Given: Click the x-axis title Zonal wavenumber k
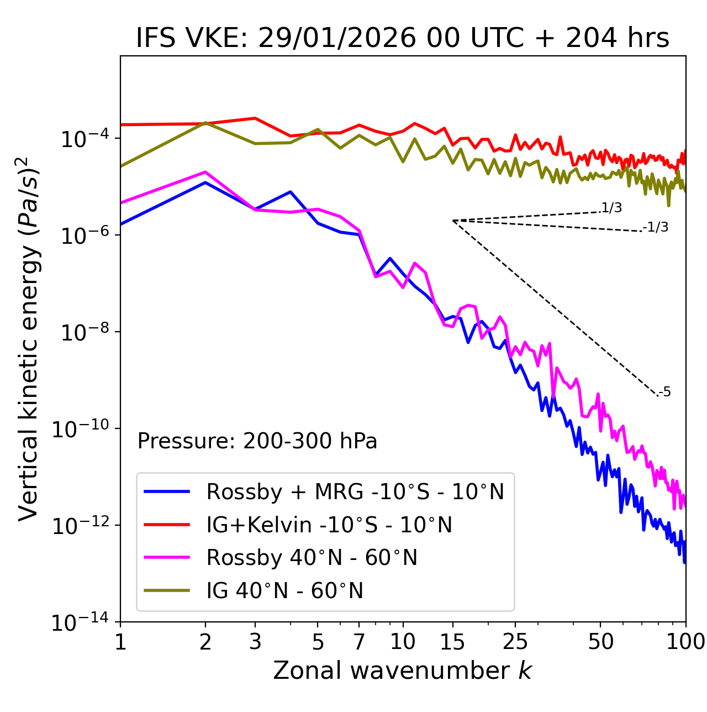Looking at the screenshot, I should click(x=403, y=671).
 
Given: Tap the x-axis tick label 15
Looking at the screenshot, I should click(x=452, y=642).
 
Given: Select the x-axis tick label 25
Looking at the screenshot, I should click(x=515, y=642).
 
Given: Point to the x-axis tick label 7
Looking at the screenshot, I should click(x=359, y=642).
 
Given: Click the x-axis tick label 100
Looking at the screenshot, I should click(x=685, y=642).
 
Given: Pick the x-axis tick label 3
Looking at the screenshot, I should click(x=255, y=642).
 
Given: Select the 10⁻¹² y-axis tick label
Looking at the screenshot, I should click(x=79, y=526).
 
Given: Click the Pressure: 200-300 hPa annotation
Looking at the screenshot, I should click(x=257, y=441).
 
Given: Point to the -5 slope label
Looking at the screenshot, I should click(x=665, y=392).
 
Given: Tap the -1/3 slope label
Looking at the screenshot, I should click(x=656, y=227).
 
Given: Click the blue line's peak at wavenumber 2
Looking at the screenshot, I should click(x=205, y=182).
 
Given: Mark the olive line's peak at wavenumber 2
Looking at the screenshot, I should click(x=205, y=123).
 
